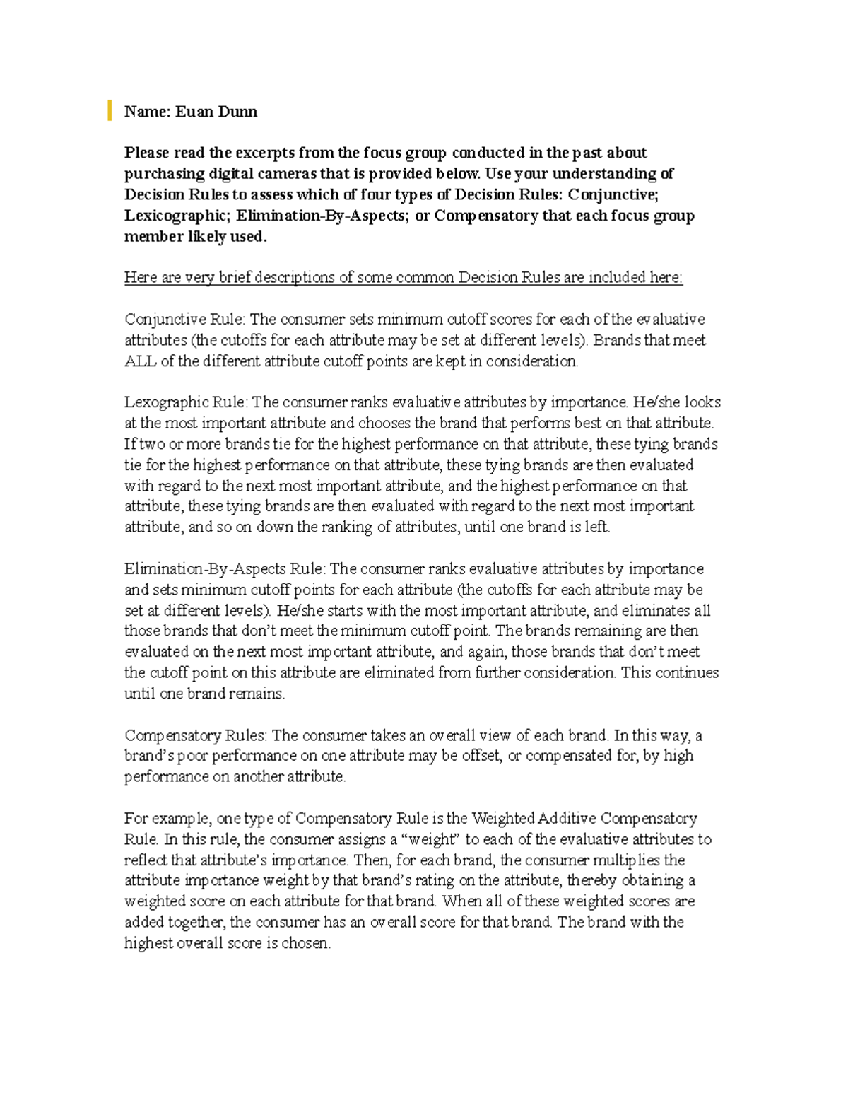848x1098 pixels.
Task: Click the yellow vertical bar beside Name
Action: [110, 111]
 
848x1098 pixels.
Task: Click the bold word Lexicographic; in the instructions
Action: [178, 216]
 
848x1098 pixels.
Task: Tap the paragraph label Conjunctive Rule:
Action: [185, 320]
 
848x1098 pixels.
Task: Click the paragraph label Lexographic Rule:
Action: [186, 402]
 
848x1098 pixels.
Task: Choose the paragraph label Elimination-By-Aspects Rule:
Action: [225, 569]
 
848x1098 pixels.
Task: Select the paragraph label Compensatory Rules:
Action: [196, 735]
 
